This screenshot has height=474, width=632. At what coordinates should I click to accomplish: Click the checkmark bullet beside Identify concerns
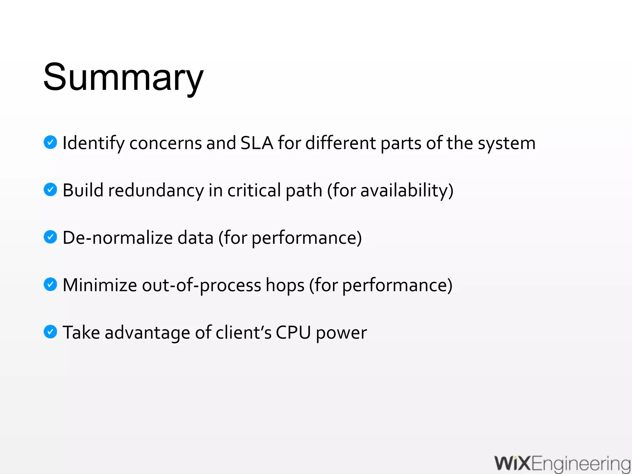pyautogui.click(x=50, y=142)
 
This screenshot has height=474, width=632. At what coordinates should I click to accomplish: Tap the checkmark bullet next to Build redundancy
pyautogui.click(x=50, y=189)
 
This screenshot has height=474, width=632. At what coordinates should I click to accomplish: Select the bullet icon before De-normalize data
pyautogui.click(x=50, y=237)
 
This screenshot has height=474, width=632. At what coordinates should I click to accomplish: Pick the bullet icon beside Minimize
pyautogui.click(x=50, y=284)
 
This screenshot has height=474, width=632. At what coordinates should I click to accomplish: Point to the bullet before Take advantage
pyautogui.click(x=50, y=332)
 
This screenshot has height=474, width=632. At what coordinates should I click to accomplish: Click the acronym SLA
pyautogui.click(x=257, y=143)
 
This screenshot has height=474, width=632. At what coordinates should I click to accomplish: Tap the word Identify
pyautogui.click(x=94, y=143)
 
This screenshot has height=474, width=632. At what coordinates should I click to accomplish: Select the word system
pyautogui.click(x=507, y=143)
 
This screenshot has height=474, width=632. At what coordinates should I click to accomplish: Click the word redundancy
pyautogui.click(x=156, y=190)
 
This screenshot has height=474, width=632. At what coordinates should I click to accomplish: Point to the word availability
pyautogui.click(x=405, y=190)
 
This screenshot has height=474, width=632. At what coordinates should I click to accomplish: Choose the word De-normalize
pyautogui.click(x=118, y=238)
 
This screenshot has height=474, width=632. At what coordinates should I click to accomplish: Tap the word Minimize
pyautogui.click(x=100, y=285)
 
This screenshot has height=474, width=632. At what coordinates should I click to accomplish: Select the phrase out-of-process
pyautogui.click(x=202, y=285)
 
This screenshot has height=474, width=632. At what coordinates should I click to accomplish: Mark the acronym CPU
pyautogui.click(x=293, y=333)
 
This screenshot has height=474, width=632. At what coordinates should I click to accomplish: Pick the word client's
pyautogui.click(x=243, y=333)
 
